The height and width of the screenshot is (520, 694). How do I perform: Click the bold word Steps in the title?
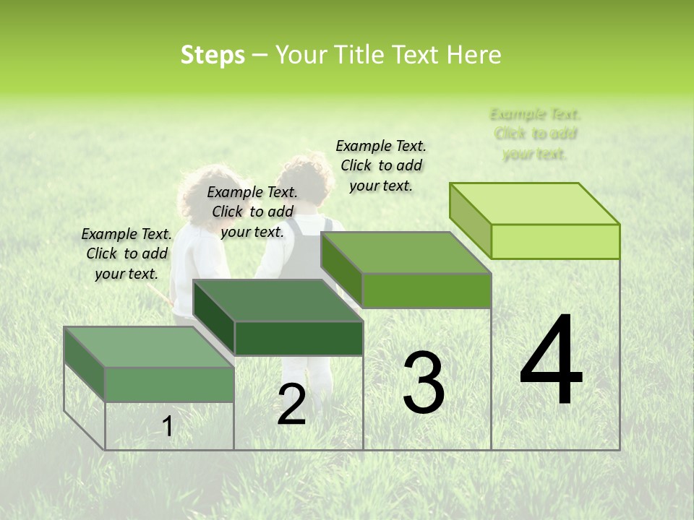point(213,55)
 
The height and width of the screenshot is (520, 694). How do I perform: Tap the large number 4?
point(551,360)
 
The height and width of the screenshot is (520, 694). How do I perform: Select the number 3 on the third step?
point(424,382)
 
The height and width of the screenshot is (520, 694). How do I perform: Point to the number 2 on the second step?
point(291,404)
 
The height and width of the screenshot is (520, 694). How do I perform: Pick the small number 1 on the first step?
point(168,426)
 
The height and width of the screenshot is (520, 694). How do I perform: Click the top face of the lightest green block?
point(535,204)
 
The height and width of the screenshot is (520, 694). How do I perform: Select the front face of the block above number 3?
point(427,290)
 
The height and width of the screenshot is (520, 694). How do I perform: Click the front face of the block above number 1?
point(169,384)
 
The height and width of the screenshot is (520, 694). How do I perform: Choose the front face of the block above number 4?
point(555,241)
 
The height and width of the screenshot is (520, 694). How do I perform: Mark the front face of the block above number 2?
point(299,338)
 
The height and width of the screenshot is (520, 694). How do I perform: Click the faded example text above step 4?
point(535,134)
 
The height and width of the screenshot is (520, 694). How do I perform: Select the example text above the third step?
point(381,165)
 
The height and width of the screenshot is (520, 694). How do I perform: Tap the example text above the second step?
point(252,212)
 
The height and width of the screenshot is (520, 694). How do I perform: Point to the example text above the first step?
point(127,253)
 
